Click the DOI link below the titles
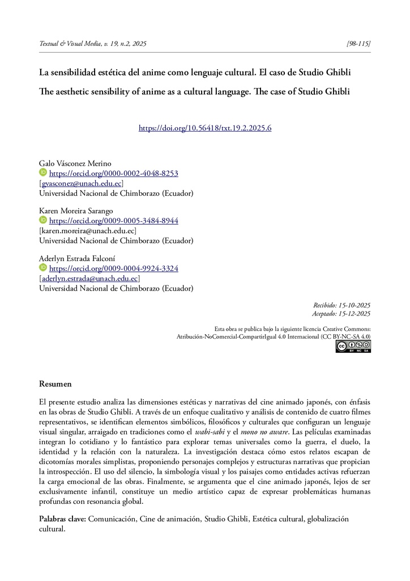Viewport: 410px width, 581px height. (205, 128)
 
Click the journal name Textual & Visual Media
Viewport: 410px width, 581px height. (71, 43)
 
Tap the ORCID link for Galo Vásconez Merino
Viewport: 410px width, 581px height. (114, 174)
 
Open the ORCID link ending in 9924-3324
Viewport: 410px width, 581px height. (114, 268)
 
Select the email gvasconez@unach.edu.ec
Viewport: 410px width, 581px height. (81, 183)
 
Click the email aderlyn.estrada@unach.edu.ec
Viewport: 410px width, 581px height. (89, 278)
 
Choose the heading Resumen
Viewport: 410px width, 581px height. (55, 384)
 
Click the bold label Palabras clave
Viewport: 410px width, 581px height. (62, 519)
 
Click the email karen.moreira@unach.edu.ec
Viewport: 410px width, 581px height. (87, 230)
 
